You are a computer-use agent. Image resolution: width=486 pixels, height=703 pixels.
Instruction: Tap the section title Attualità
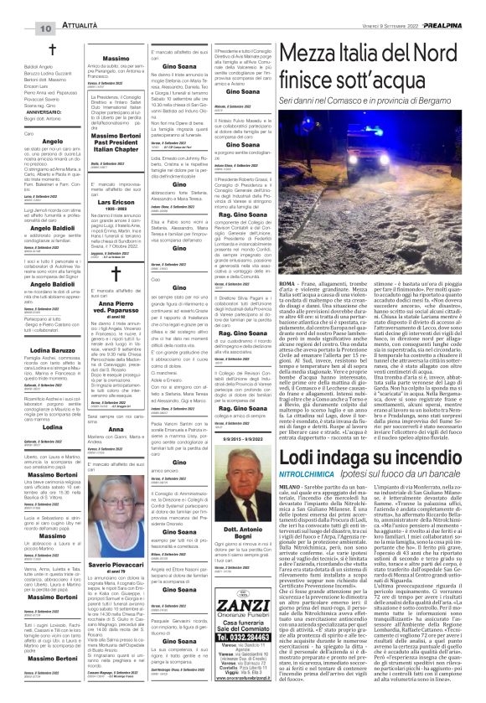[59, 7]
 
